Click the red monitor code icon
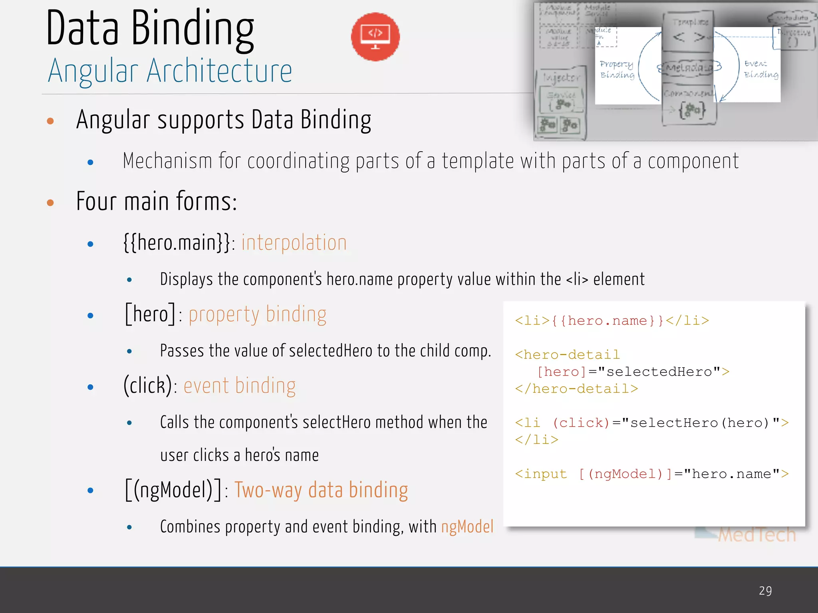[x=375, y=37]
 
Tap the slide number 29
[x=765, y=591]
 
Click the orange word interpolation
[x=294, y=243]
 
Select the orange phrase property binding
[x=257, y=314]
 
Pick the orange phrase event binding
[x=240, y=386]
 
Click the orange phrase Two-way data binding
[x=321, y=490]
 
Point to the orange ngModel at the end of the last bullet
[x=467, y=526]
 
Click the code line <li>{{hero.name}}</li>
[x=612, y=320]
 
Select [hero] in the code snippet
[x=561, y=372]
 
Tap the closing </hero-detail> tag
[x=576, y=389]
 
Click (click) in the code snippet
[x=581, y=423]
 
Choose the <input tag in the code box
[x=541, y=474]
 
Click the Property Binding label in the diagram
[x=617, y=69]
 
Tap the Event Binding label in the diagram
[x=760, y=69]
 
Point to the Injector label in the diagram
[x=561, y=77]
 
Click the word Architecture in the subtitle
[x=219, y=71]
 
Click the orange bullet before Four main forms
[x=50, y=203]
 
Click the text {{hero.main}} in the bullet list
[x=177, y=243]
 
